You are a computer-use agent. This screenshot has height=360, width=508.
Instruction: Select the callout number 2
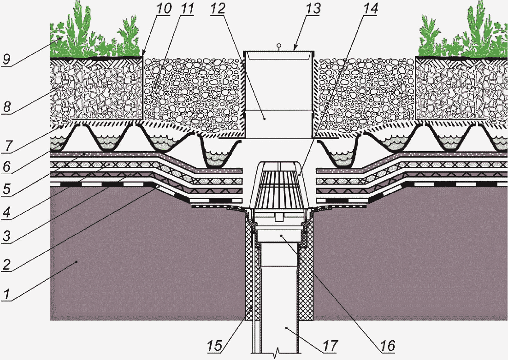tap(6, 265)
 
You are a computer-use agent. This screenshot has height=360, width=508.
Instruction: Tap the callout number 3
tap(6, 236)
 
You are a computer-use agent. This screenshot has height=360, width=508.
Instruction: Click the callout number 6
tap(6, 166)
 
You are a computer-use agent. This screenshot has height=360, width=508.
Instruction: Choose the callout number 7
tap(7, 146)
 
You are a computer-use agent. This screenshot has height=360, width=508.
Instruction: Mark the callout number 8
tap(6, 107)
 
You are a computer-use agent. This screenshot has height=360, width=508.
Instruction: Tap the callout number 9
tap(6, 59)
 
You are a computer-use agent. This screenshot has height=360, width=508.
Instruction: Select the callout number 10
tap(164, 9)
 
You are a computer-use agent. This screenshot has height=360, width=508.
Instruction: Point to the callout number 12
tap(218, 9)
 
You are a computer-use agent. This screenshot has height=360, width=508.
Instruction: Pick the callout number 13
tap(313, 9)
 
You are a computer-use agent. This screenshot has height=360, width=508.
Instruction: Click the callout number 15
tap(215, 346)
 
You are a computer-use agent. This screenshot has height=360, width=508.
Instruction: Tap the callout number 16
tap(388, 346)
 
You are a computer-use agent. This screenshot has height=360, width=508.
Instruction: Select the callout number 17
tap(330, 346)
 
